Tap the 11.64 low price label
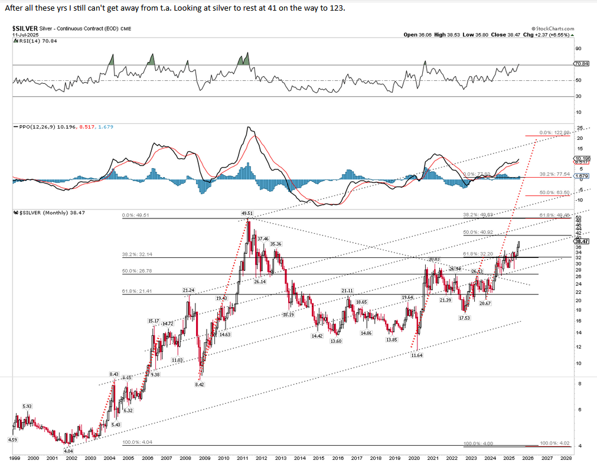[x=417, y=355]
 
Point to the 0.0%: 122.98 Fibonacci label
[x=554, y=133]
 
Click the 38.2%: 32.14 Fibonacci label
[x=135, y=254]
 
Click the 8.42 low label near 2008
[x=199, y=384]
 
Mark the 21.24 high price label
[x=188, y=290]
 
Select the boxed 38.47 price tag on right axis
[x=581, y=241]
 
